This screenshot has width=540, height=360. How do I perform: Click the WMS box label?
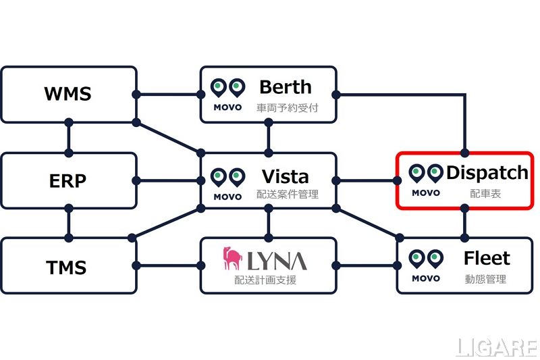tap(68, 93)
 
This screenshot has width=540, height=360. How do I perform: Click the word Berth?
tap(286, 87)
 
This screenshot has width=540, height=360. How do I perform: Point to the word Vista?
tap(286, 177)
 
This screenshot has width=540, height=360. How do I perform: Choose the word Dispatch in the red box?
tap(487, 173)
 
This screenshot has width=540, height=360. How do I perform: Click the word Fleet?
tap(487, 259)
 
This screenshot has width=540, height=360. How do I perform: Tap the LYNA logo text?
tap(276, 259)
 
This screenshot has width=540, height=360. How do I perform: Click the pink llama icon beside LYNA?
tap(233, 259)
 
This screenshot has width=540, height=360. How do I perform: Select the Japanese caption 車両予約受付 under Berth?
tap(285, 107)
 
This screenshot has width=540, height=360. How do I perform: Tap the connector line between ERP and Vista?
tap(169, 180)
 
